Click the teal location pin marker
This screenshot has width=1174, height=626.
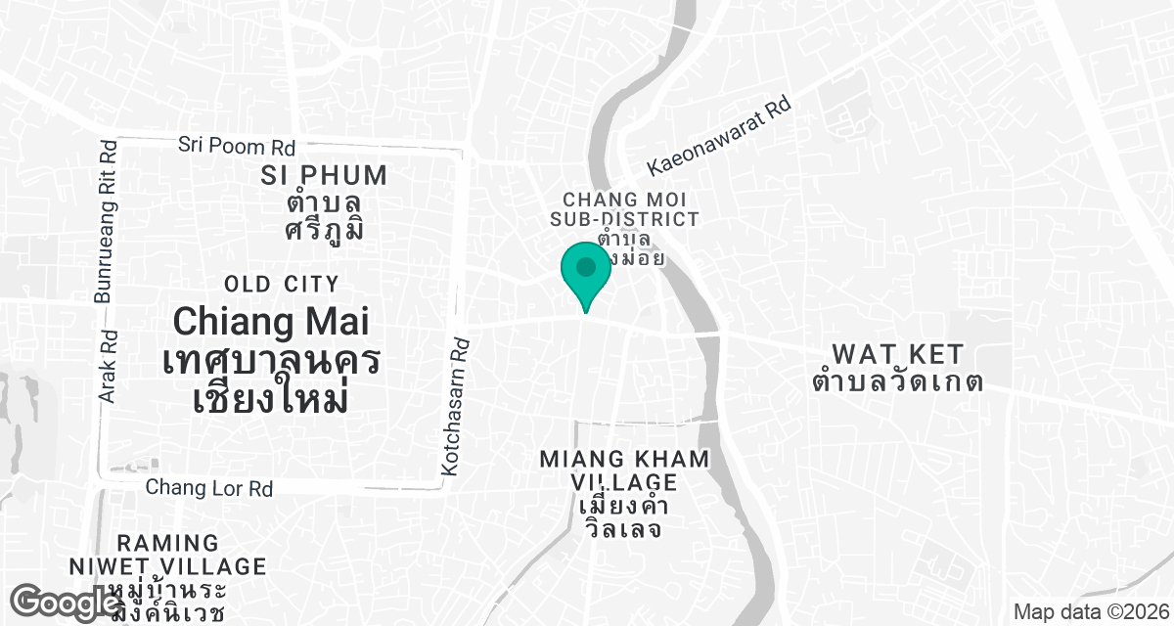click(586, 270)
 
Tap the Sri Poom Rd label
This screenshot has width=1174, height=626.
click(236, 147)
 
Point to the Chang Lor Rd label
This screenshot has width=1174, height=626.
click(208, 487)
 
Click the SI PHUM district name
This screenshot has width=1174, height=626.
click(325, 176)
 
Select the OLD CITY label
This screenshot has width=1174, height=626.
click(282, 285)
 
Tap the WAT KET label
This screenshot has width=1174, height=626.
click(897, 353)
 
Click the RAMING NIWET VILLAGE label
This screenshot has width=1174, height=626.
click(168, 555)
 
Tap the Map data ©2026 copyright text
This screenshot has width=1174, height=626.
click(1089, 612)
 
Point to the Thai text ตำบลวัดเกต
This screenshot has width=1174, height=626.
click(897, 381)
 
